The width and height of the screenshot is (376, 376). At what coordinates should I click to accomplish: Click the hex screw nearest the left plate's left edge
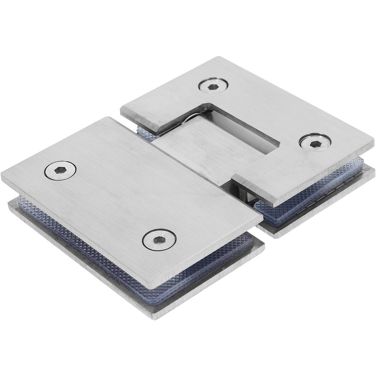point(61,171)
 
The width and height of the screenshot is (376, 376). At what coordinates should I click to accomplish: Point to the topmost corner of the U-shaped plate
point(220,58)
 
